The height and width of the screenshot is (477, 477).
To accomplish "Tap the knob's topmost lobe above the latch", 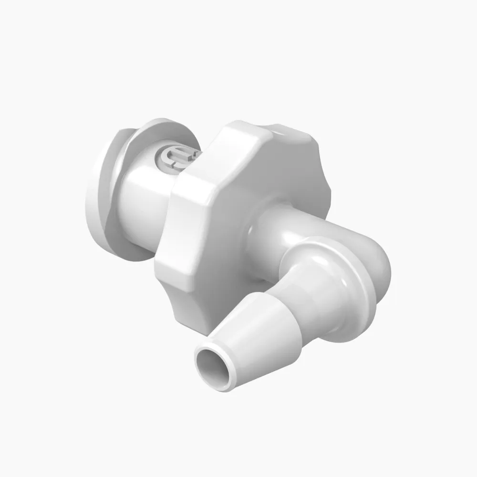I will click(x=238, y=131).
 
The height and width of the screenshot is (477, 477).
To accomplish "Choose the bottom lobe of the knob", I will click(x=191, y=310).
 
